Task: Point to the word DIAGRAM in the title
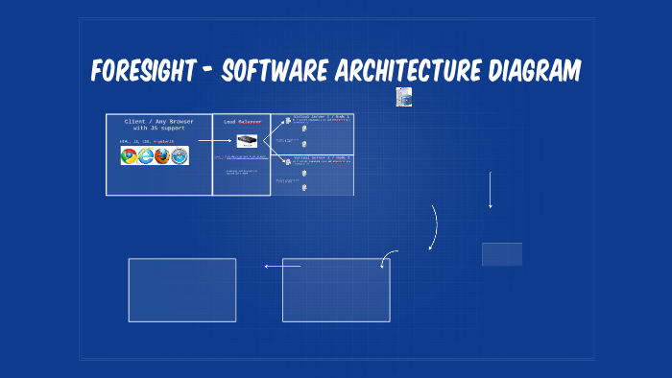(534, 70)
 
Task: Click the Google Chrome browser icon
(130, 155)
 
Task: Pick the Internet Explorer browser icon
(146, 155)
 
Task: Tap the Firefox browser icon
(162, 155)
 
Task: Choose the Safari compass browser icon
(179, 155)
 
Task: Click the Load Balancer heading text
(242, 123)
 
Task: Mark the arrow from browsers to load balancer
(212, 140)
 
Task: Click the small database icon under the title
(403, 96)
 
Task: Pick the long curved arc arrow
(435, 227)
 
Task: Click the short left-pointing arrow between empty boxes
(282, 267)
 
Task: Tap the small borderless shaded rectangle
(502, 254)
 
